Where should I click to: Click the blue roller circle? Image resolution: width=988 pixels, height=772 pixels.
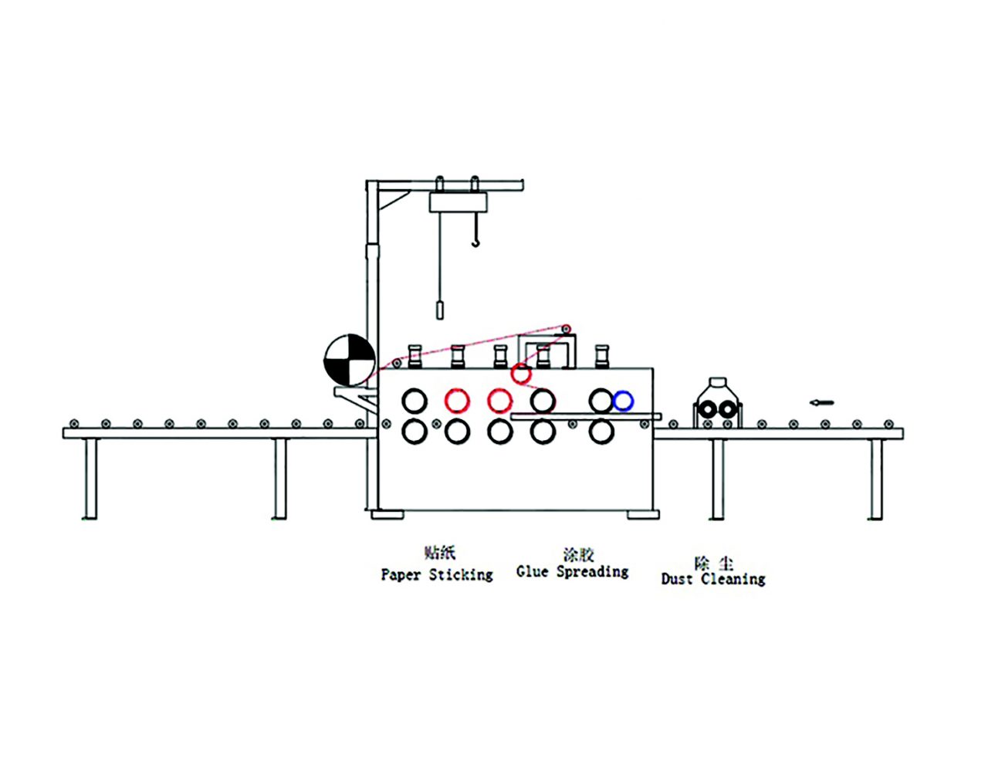(x=623, y=401)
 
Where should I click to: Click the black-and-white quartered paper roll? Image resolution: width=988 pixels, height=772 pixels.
(x=350, y=360)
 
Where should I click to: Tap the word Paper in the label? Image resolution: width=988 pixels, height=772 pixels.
(x=401, y=575)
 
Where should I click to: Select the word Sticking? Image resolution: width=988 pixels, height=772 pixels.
(x=461, y=575)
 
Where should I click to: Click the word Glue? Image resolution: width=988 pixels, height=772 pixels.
(x=533, y=572)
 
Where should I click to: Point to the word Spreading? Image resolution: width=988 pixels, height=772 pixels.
(x=592, y=573)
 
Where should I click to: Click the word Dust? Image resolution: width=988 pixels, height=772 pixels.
(x=677, y=579)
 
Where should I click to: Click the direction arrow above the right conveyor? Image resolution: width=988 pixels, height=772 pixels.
(x=822, y=402)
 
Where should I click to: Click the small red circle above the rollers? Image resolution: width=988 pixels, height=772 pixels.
(x=521, y=374)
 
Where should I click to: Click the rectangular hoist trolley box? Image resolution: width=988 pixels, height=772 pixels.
(x=458, y=202)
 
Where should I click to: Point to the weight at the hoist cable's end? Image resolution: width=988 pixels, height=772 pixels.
(x=440, y=310)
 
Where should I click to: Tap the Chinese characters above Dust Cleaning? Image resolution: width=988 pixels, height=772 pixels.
(x=713, y=563)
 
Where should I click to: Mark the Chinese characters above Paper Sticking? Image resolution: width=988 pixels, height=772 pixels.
(x=440, y=553)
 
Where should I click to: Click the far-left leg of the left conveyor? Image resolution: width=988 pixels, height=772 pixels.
(x=90, y=479)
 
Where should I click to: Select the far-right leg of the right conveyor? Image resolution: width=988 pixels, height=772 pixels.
(x=875, y=479)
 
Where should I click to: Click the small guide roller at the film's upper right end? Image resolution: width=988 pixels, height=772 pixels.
(x=567, y=330)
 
